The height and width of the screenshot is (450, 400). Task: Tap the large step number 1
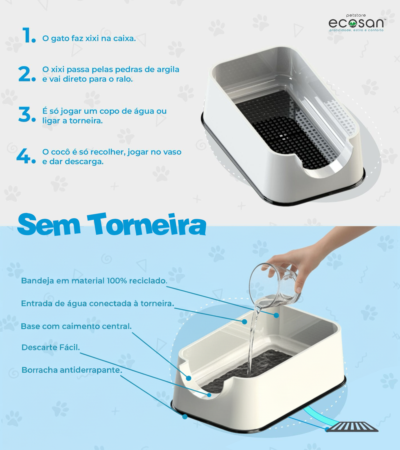click(29, 35)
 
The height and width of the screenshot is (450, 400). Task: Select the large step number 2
click(27, 74)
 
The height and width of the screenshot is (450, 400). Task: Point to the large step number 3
click(27, 114)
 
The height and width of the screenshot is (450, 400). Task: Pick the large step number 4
click(26, 156)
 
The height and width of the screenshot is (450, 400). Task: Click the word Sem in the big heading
click(49, 225)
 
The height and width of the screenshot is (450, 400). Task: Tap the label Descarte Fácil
click(51, 347)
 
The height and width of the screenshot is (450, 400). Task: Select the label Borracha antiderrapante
click(72, 370)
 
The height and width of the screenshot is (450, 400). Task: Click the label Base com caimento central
click(76, 326)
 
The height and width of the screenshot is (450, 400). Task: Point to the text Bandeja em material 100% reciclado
click(94, 281)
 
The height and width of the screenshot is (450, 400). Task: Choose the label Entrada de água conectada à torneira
click(98, 304)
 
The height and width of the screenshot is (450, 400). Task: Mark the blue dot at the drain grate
click(327, 429)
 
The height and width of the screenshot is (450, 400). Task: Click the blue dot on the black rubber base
click(185, 417)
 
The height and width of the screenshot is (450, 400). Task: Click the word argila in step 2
click(168, 70)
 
